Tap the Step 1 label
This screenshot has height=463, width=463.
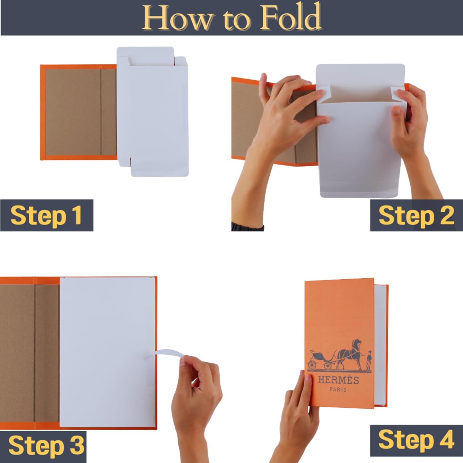click(46, 215)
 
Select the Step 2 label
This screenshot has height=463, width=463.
click(416, 215)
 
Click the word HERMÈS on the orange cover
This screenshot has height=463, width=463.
click(339, 380)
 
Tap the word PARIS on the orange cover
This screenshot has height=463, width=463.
click(338, 390)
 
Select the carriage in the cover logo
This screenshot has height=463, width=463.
click(321, 360)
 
